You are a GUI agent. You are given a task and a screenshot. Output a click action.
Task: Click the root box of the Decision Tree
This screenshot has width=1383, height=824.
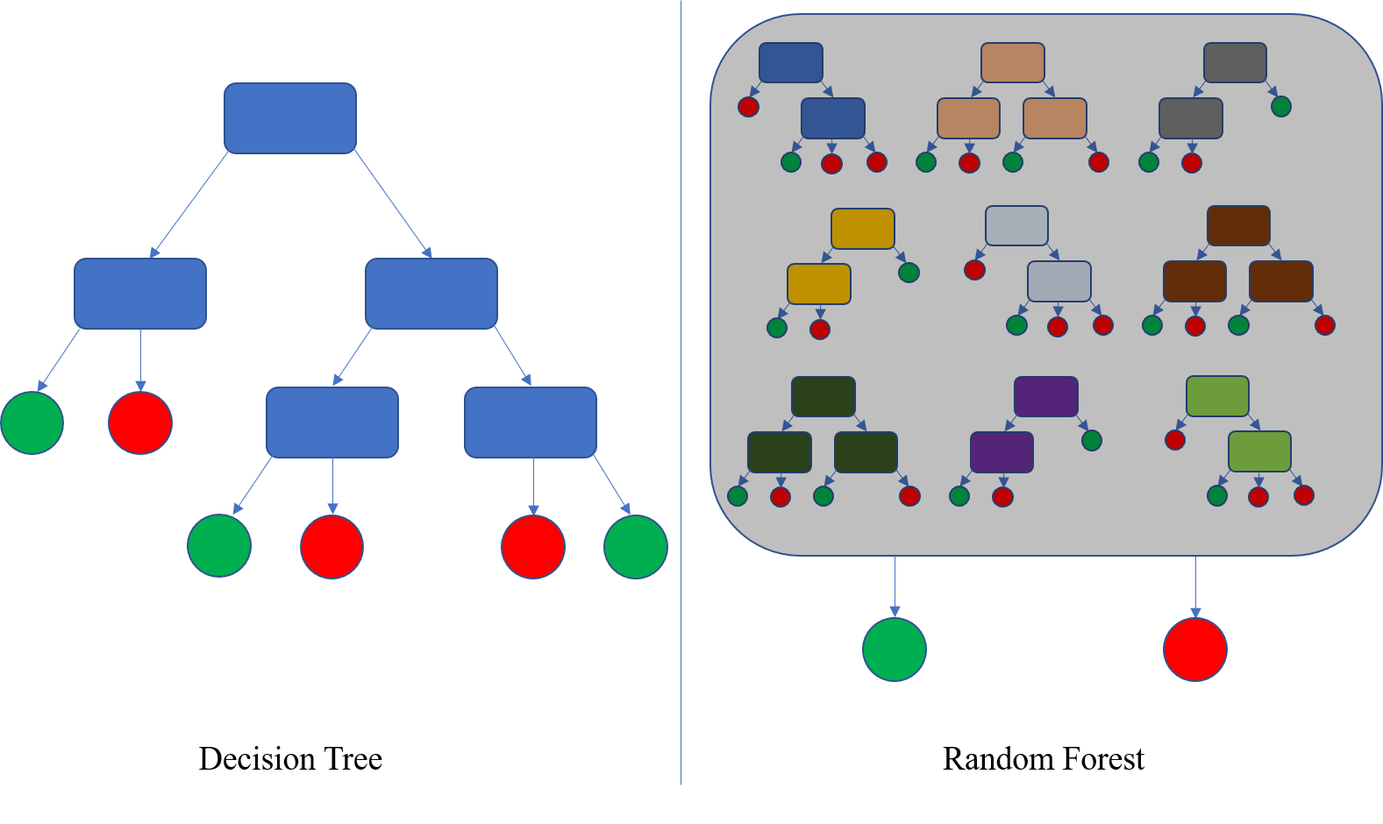[290, 118]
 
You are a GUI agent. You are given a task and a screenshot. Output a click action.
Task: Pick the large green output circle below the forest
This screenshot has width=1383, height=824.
[895, 650]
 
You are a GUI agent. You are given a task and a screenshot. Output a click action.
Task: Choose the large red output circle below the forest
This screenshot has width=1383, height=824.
[1194, 650]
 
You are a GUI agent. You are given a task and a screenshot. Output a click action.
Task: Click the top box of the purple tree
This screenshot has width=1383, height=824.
[1045, 396]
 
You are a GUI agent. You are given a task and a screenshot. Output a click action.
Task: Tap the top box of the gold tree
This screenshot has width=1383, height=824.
[862, 229]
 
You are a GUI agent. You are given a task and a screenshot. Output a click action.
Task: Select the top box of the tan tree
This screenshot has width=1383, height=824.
[1012, 63]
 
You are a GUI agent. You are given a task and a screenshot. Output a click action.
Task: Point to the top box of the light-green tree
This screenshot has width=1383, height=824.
[1217, 396]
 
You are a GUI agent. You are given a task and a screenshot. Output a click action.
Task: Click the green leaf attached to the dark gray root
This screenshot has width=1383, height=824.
[1280, 107]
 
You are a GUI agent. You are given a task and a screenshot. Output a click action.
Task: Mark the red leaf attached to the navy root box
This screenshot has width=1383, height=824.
[748, 107]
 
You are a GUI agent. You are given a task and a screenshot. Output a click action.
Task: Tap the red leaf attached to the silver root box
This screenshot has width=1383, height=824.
[974, 270]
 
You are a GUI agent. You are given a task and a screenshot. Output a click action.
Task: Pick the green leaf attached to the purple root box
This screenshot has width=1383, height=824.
[1091, 440]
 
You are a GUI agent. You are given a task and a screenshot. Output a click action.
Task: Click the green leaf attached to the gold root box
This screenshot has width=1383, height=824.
[909, 272]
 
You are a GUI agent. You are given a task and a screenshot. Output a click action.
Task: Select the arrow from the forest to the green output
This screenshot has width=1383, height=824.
[895, 586]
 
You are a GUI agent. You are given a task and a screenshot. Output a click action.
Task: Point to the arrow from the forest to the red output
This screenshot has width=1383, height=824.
[1194, 586]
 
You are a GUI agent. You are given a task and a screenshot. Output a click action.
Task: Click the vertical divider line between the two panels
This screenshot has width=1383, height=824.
[681, 394]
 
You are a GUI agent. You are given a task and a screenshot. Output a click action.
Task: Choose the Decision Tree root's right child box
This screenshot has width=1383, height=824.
[431, 294]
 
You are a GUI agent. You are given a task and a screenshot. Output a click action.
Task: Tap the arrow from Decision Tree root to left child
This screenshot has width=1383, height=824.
[190, 204]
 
